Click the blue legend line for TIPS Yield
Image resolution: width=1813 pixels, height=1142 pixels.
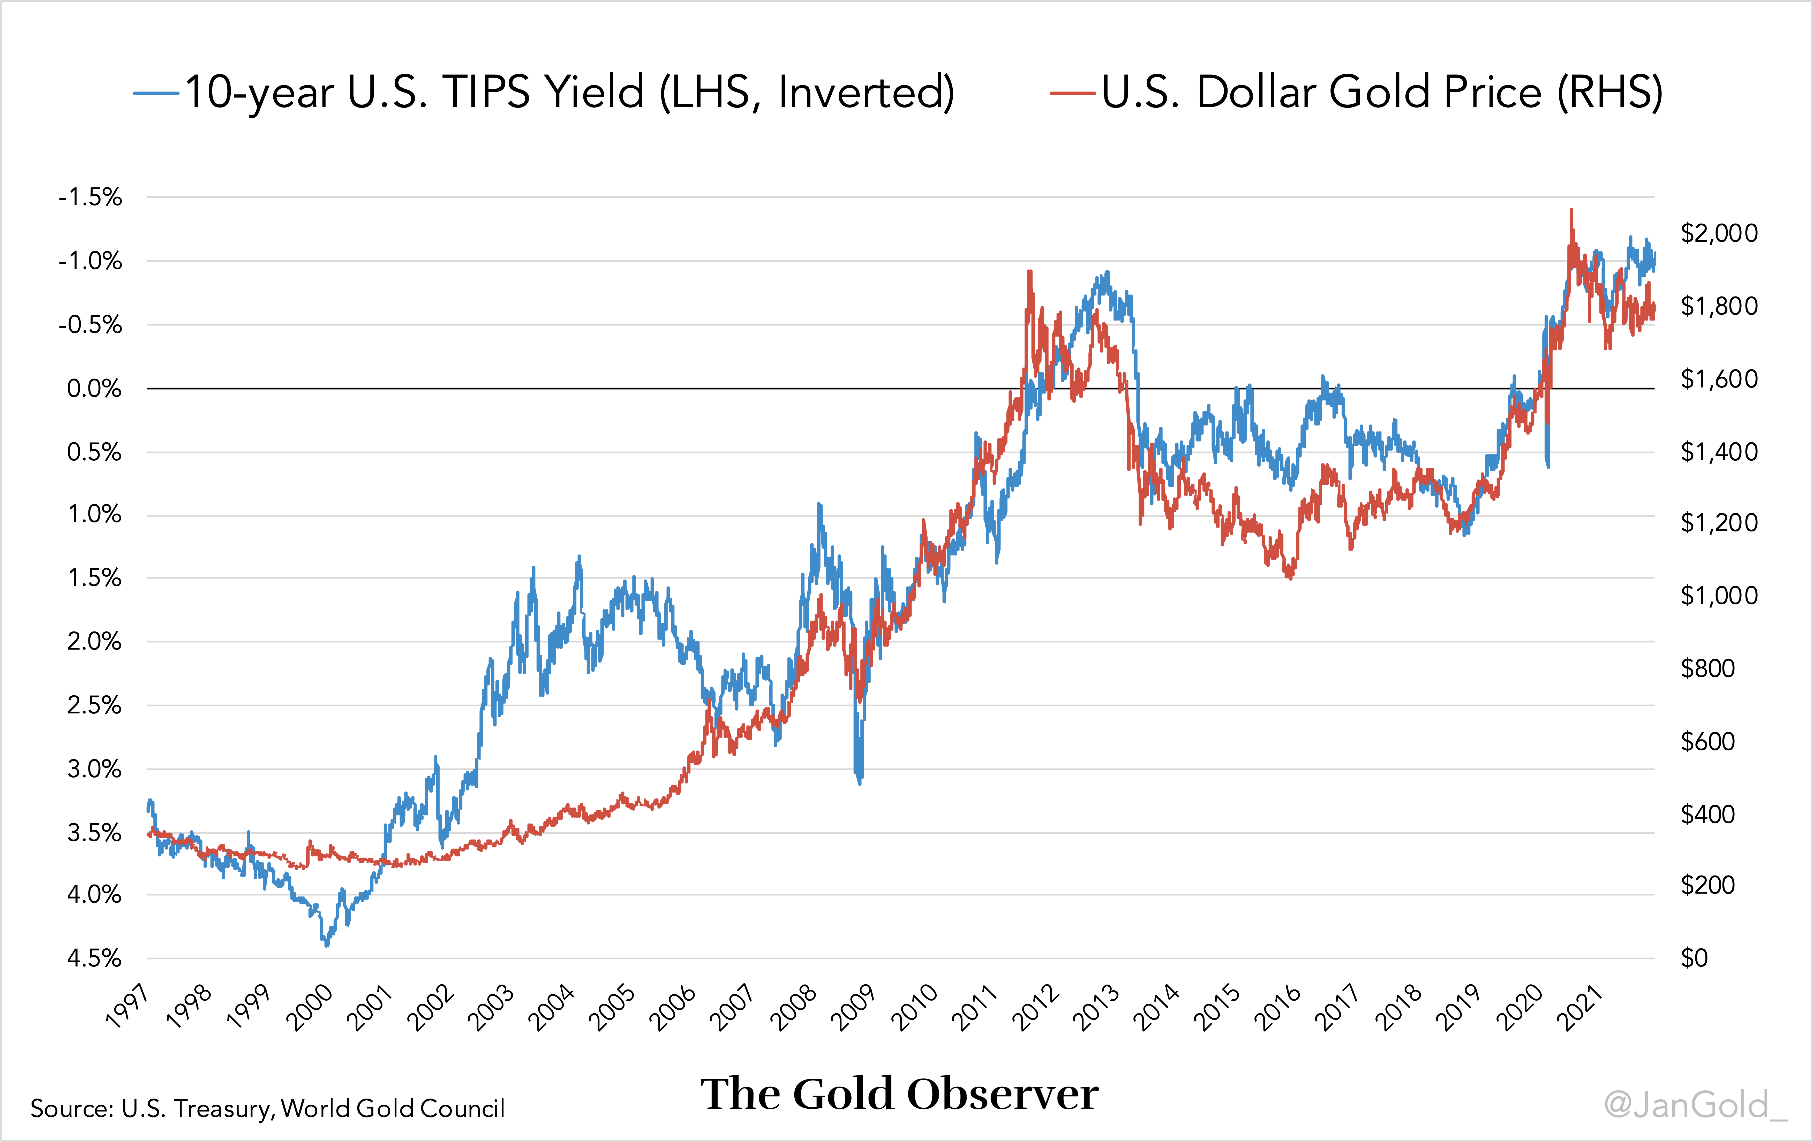156,93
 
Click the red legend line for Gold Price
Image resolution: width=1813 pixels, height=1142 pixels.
1072,93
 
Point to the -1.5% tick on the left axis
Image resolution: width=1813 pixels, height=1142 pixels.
90,197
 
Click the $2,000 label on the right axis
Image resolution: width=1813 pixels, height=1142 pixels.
1719,233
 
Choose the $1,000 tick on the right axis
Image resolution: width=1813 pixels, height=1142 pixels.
1719,596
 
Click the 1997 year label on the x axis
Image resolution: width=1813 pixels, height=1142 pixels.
128,1007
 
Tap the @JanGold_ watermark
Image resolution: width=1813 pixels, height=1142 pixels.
1694,1105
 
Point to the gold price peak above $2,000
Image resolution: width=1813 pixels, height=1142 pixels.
1571,211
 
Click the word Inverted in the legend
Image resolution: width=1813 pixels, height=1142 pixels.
866,93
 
